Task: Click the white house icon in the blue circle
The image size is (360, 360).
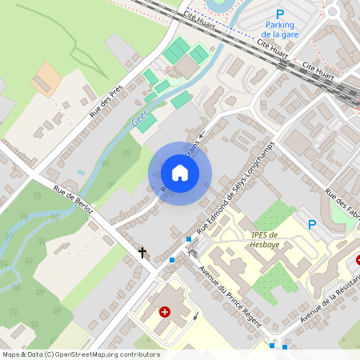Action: [180, 172]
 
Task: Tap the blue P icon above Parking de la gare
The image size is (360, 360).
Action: [280, 14]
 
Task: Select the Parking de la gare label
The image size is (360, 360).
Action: [280, 30]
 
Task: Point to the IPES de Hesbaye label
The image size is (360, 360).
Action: [264, 240]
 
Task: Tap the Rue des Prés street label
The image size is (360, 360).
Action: [106, 102]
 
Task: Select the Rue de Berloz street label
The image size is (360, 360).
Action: [74, 200]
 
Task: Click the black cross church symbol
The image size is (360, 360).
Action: [143, 253]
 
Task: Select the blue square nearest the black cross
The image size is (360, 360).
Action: [171, 260]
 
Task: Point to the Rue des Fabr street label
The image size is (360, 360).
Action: [341, 202]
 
